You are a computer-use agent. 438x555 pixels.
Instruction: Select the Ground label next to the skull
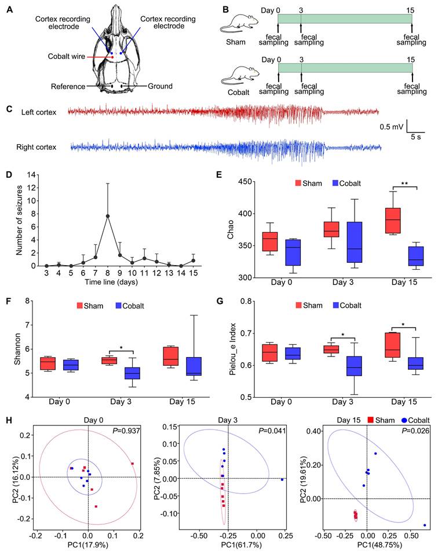[x=159, y=86]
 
